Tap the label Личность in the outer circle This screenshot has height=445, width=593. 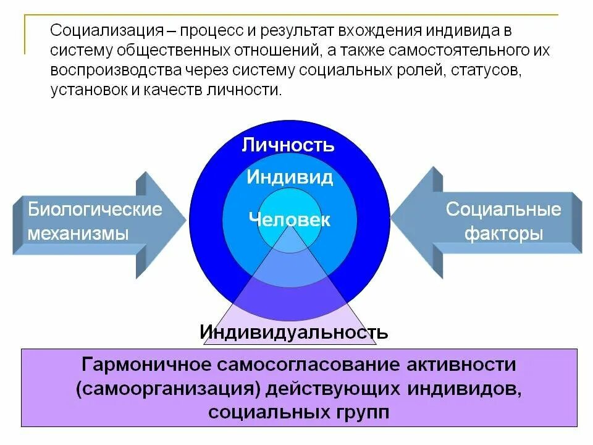pyautogui.click(x=288, y=145)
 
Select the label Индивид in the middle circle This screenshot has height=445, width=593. pyautogui.click(x=290, y=178)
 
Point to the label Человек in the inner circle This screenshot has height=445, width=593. pyautogui.click(x=290, y=219)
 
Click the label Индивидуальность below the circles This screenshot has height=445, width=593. pyautogui.click(x=293, y=333)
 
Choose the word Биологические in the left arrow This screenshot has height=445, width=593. pyautogui.click(x=95, y=209)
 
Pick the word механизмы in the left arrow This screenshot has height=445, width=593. pyautogui.click(x=78, y=234)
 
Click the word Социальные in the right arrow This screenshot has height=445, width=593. pyautogui.click(x=503, y=209)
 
